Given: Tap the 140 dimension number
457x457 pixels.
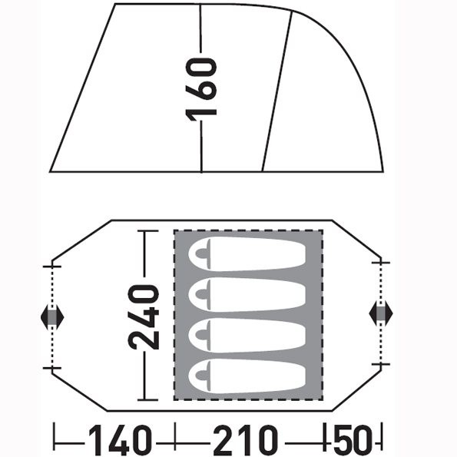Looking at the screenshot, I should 119,441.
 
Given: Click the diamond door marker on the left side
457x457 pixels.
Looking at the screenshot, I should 51,316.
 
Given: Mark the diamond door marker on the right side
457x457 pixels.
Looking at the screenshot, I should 380,313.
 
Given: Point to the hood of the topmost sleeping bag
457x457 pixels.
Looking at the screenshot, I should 204,255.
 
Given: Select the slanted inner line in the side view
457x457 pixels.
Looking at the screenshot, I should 277,92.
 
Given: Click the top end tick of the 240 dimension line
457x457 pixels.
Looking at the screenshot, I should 146,231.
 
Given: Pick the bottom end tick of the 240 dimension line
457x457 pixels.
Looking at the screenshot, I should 146,400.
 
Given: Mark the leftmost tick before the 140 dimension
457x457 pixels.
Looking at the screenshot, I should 55,441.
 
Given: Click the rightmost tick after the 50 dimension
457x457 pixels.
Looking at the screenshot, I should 382,441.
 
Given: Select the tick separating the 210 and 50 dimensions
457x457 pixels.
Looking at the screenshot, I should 329,441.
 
